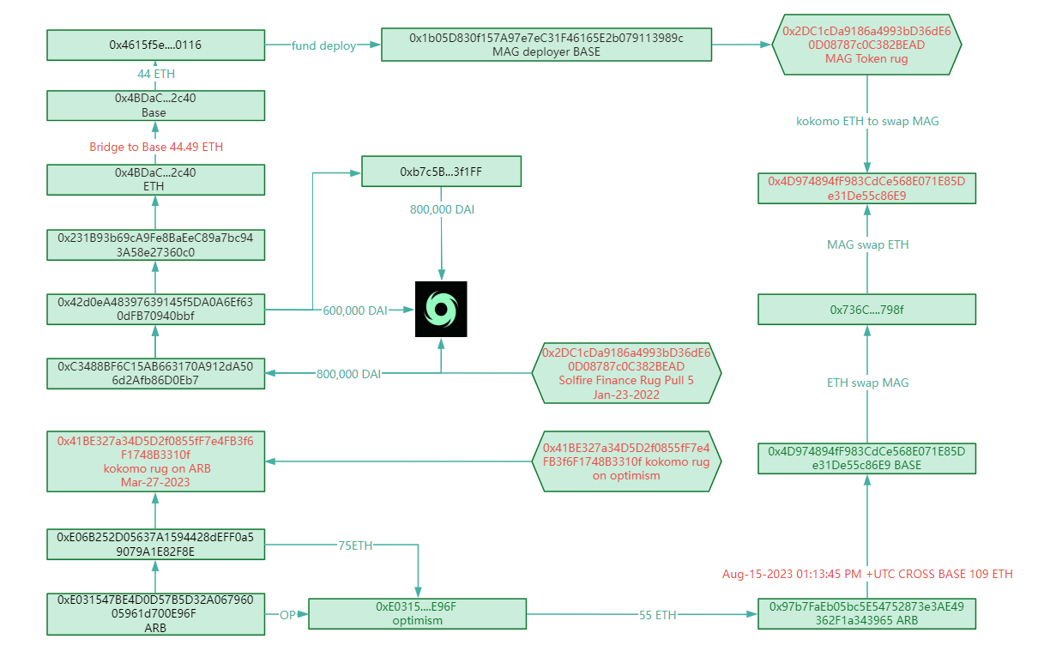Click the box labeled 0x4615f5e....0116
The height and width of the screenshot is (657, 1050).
155,45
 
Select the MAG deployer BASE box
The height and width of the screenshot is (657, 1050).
546,45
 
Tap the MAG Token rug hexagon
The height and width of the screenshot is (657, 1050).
866,45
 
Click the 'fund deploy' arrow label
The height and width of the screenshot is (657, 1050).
323,45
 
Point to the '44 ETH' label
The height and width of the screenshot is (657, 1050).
156,75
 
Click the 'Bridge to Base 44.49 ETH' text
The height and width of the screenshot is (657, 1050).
156,148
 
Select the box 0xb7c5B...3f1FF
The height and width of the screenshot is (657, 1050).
441,172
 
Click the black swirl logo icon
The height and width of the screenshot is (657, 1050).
441,309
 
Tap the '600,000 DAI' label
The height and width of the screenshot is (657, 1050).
355,310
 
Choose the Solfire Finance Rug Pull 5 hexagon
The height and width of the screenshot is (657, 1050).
626,374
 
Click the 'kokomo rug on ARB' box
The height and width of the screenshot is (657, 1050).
155,461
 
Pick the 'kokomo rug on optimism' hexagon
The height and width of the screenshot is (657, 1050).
626,461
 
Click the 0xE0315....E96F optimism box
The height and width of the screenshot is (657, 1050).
418,613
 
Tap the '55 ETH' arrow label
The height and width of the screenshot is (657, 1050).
658,615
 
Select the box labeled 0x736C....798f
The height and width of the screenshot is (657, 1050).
866,310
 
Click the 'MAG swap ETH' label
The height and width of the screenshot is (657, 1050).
867,245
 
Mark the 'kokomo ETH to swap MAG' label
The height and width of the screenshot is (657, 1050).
867,122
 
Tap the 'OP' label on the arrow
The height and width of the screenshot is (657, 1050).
287,615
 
